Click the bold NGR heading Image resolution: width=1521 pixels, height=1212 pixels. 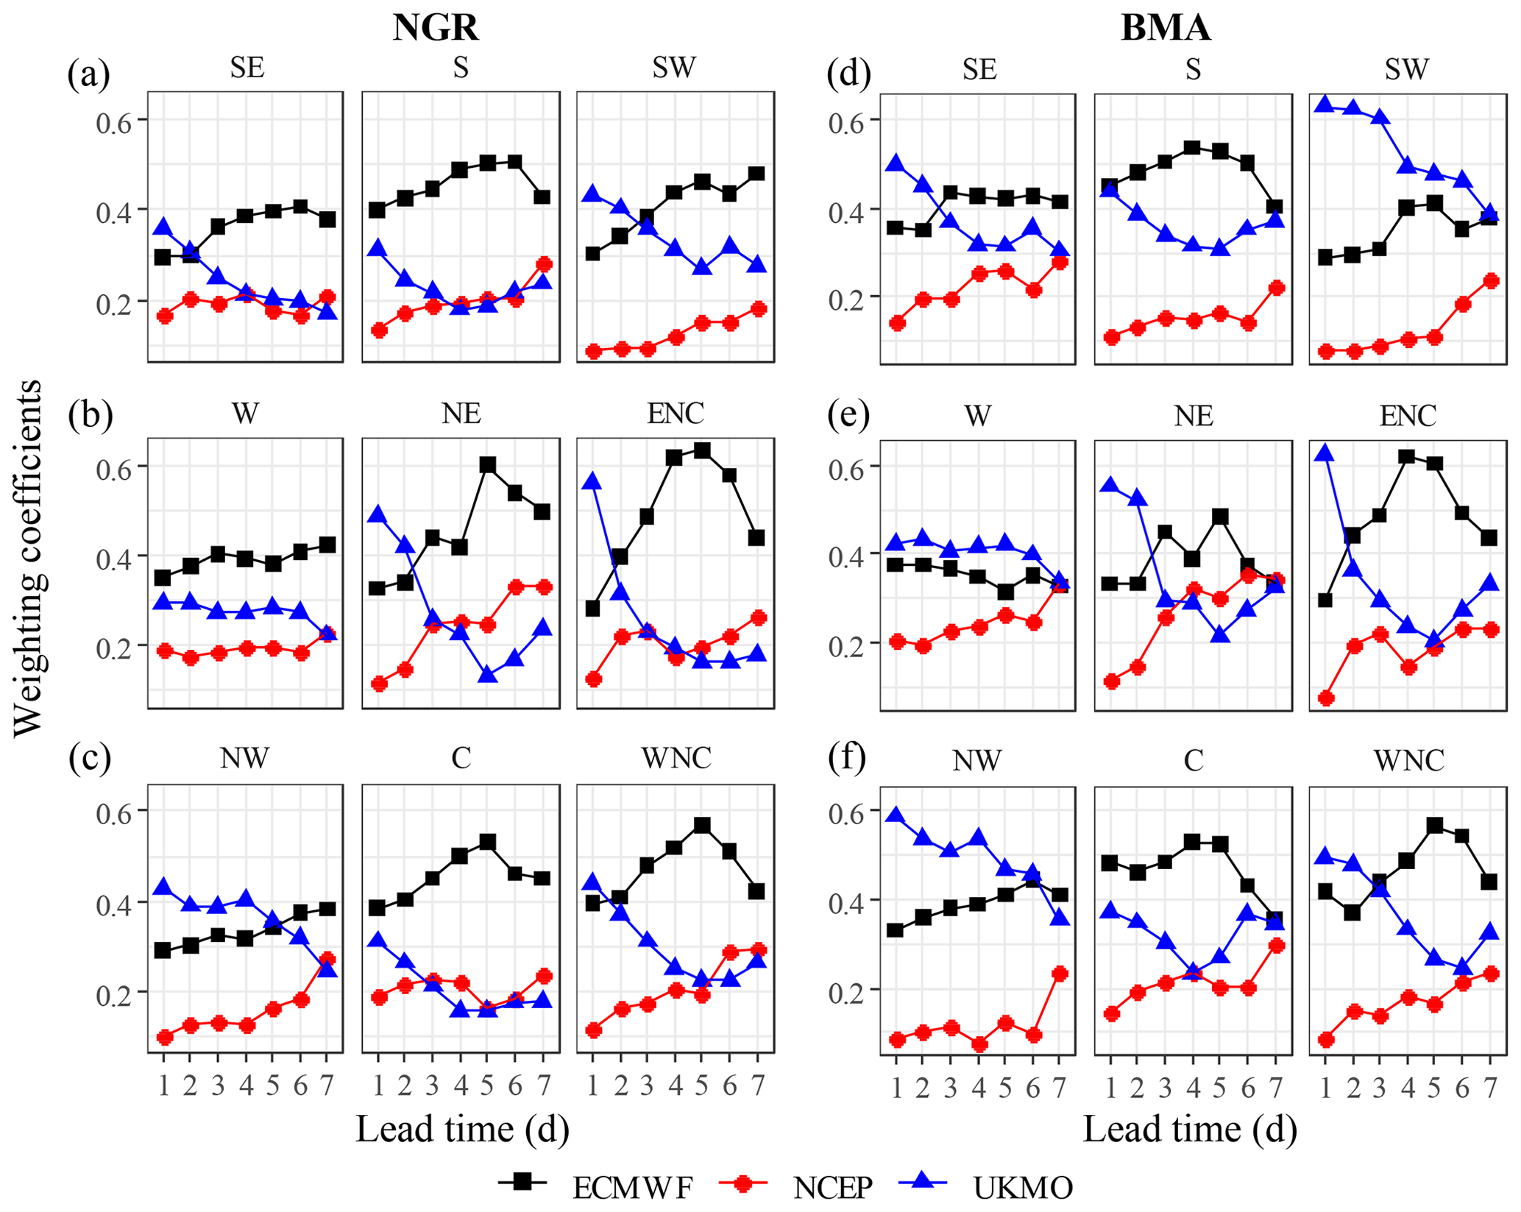(436, 28)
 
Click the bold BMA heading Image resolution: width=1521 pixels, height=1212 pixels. (1166, 28)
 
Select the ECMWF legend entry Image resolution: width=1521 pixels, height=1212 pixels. (632, 1186)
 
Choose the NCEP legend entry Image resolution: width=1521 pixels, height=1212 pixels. (832, 1186)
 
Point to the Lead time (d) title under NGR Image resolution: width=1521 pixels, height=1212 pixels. (462, 1129)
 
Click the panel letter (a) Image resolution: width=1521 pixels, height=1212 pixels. (88, 74)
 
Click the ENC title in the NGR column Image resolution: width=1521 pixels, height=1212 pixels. (675, 414)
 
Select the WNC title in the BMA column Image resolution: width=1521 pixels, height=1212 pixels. (1408, 759)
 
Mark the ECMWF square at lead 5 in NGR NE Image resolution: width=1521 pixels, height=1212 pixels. (487, 465)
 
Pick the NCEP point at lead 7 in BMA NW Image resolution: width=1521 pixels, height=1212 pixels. (1060, 974)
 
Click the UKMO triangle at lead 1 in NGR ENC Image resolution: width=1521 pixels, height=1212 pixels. (592, 482)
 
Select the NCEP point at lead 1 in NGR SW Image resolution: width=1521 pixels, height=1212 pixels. (592, 351)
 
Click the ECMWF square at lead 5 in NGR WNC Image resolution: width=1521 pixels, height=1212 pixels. (702, 826)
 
